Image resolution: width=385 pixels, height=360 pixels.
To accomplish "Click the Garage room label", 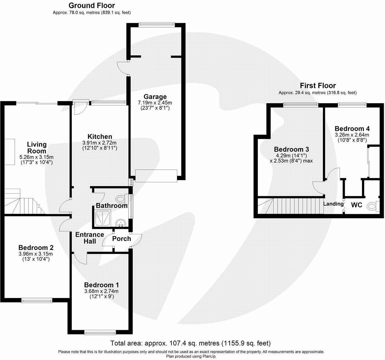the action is [155, 97].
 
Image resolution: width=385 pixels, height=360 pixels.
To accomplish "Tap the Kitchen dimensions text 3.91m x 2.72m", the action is [99, 143].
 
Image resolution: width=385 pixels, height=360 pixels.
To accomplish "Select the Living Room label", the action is [36, 148].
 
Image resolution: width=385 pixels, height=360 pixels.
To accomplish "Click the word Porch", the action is [121, 239].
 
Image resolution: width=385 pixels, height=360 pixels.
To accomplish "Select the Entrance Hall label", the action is [90, 238].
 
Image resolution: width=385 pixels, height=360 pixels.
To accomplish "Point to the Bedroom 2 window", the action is [37, 301].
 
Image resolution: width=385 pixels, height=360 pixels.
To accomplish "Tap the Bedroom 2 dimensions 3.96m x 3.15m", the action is [36, 254].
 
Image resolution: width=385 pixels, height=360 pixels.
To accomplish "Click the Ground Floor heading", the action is [92, 5].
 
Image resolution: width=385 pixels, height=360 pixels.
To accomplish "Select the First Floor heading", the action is [318, 86].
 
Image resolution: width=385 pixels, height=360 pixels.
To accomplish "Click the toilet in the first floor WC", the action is [373, 206].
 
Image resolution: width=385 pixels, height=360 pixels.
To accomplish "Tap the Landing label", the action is [333, 204].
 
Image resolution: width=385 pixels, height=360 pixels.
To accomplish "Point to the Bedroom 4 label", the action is [352, 129].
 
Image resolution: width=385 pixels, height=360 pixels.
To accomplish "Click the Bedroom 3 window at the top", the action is [301, 105].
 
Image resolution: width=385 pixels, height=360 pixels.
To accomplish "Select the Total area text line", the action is [190, 343].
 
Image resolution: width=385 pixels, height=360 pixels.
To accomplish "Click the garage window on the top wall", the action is [157, 25].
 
